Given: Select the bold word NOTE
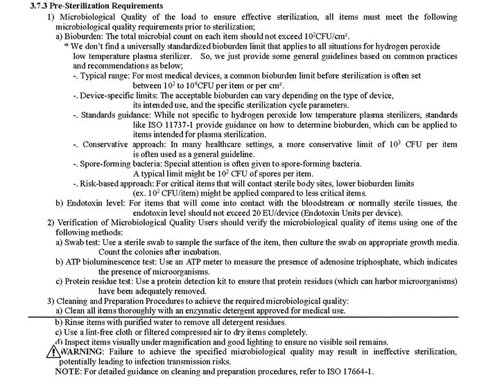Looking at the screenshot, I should (x=69, y=372).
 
